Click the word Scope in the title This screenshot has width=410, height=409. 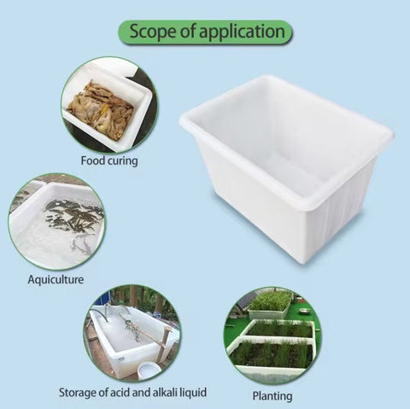153,31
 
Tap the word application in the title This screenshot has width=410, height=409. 242,32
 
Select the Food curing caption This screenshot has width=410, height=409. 109,161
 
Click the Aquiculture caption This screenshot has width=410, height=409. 56,279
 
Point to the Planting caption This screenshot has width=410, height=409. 272,396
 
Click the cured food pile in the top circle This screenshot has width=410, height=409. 101,109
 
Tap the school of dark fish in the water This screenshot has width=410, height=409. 73,216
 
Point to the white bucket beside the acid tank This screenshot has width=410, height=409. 147,371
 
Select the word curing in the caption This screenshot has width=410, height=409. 123,161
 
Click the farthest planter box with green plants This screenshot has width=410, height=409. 270,304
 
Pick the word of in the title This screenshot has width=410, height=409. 188,31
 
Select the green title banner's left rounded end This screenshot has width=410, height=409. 123,32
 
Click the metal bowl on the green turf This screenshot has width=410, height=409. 304,310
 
